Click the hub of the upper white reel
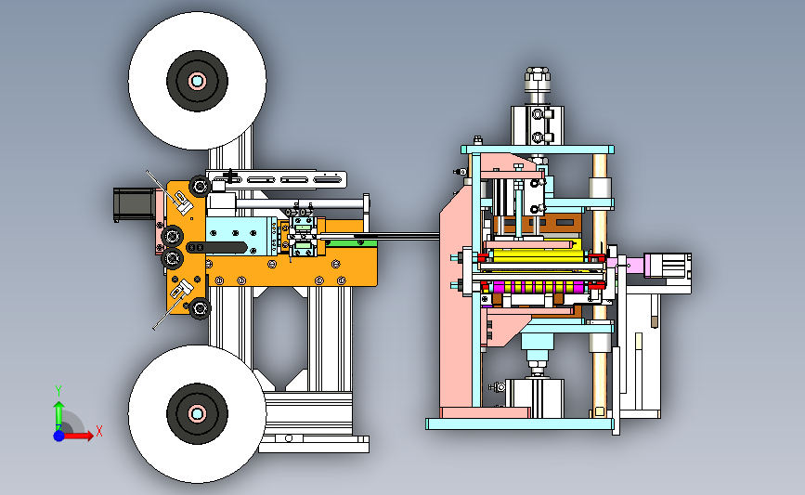[x=197, y=81]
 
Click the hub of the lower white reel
[x=197, y=413]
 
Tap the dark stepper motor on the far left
[x=134, y=204]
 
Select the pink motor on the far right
[x=667, y=266]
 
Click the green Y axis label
[x=58, y=391]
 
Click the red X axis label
[x=99, y=431]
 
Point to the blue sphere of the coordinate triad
[x=59, y=436]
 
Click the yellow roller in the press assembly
[x=533, y=255]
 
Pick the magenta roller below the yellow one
[x=538, y=287]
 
